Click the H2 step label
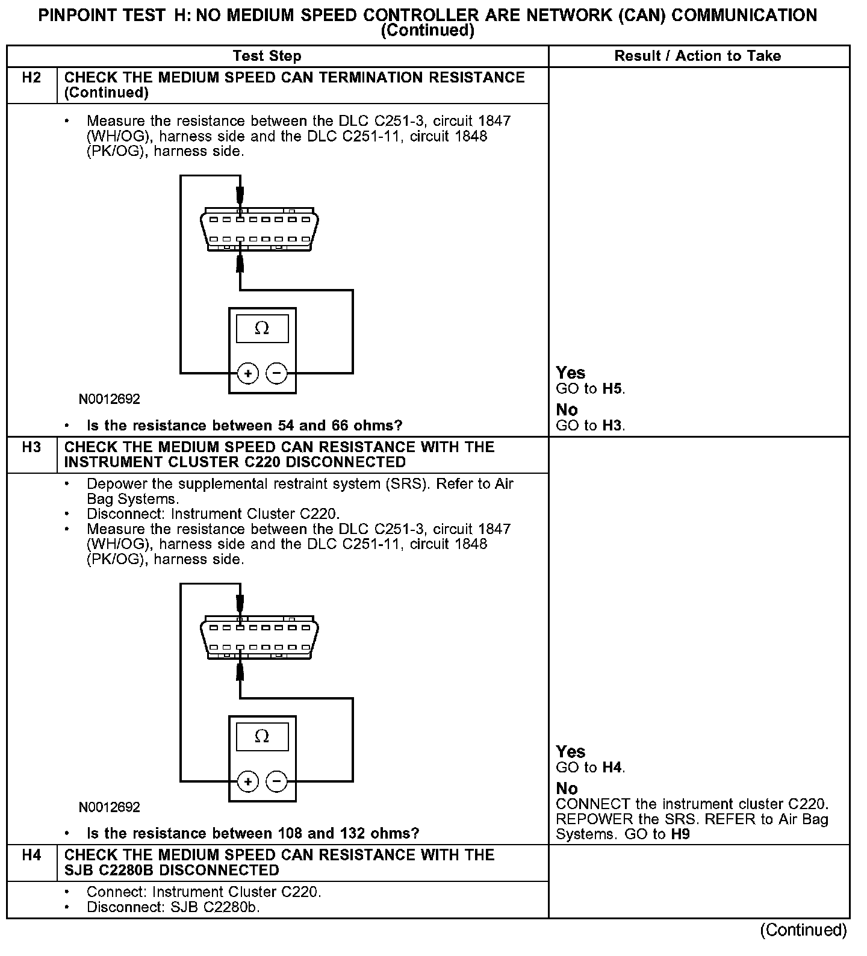[31, 78]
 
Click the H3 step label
[31, 447]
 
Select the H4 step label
[31, 855]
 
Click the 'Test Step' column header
[267, 56]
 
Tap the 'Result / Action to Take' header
[697, 56]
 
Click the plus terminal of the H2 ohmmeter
[247, 374]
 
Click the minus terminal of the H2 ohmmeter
[276, 374]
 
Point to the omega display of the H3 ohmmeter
[262, 736]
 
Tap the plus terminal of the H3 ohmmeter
[247, 782]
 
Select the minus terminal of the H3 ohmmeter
[276, 782]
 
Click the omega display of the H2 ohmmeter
[262, 329]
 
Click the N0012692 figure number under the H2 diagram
[109, 399]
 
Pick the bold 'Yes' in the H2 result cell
[570, 373]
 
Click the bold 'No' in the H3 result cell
[567, 789]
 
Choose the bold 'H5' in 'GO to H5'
[612, 389]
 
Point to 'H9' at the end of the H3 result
[680, 834]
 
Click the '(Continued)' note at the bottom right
[803, 930]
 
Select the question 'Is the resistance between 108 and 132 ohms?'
[253, 834]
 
